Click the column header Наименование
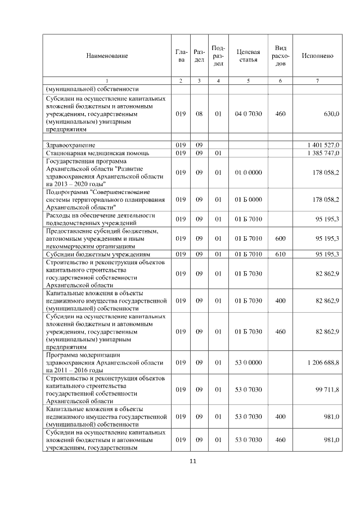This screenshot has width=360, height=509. coord(107,56)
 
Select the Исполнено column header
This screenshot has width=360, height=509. coord(317,56)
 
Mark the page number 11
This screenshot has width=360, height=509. coord(192,462)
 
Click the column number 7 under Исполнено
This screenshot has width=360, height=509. coord(317,80)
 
